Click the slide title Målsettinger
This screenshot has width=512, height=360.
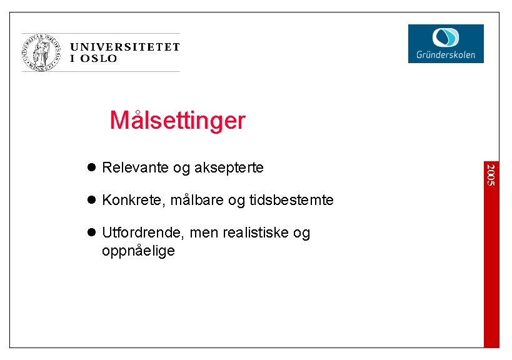[178, 119]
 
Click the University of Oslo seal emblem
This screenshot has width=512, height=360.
[43, 52]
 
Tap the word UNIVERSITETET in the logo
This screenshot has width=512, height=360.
[124, 47]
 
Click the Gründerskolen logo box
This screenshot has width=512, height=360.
[446, 43]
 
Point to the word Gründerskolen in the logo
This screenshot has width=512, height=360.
[446, 55]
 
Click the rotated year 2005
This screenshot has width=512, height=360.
[491, 174]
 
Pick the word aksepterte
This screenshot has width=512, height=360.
[229, 167]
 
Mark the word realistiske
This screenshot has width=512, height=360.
[258, 232]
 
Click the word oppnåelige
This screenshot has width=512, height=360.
[138, 251]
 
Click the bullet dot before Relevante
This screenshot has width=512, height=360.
[91, 167]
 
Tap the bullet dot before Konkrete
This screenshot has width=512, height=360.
[91, 200]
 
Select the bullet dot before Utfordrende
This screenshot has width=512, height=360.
[91, 232]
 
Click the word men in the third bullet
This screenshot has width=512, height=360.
[203, 232]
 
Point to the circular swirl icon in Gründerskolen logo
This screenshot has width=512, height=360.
[446, 37]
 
